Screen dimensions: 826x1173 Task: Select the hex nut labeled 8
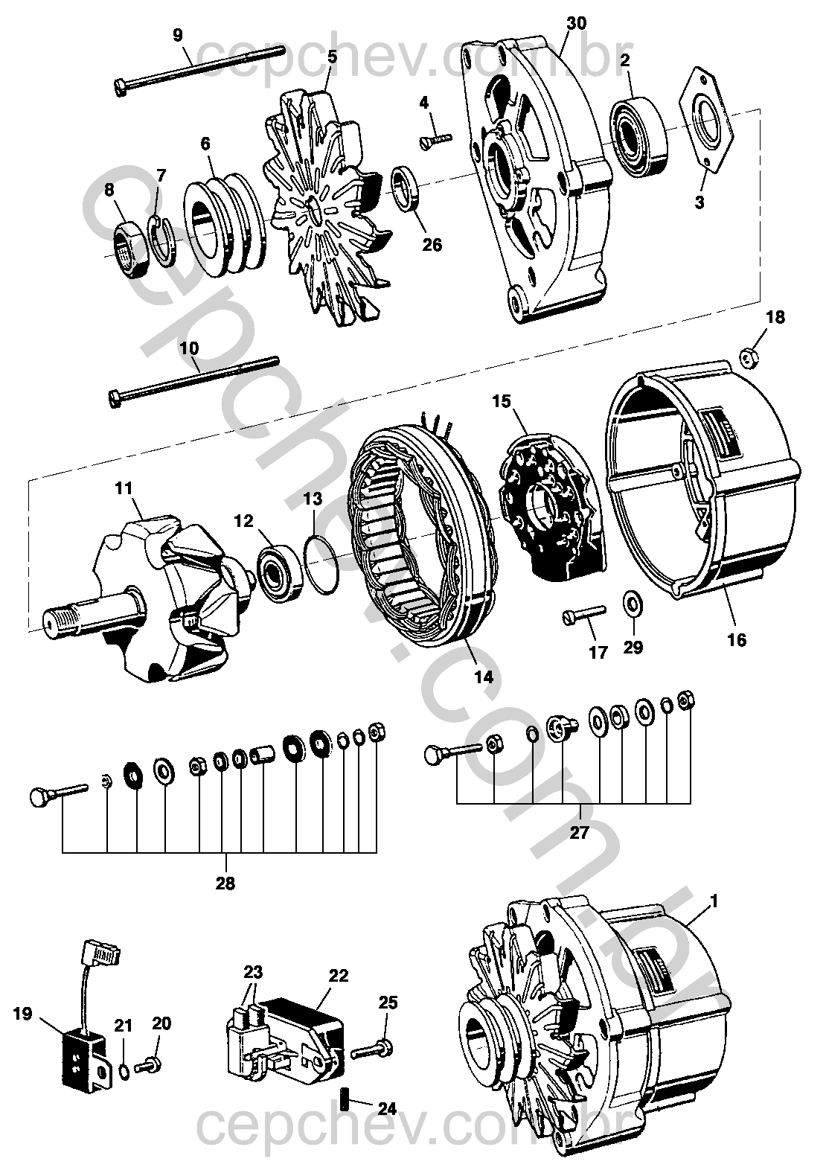(x=133, y=245)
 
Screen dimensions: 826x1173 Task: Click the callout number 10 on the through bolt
(x=188, y=348)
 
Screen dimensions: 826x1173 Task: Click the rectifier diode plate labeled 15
(x=552, y=509)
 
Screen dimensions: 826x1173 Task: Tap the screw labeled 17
(x=585, y=614)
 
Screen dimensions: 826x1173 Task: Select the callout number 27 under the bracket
(x=580, y=832)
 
